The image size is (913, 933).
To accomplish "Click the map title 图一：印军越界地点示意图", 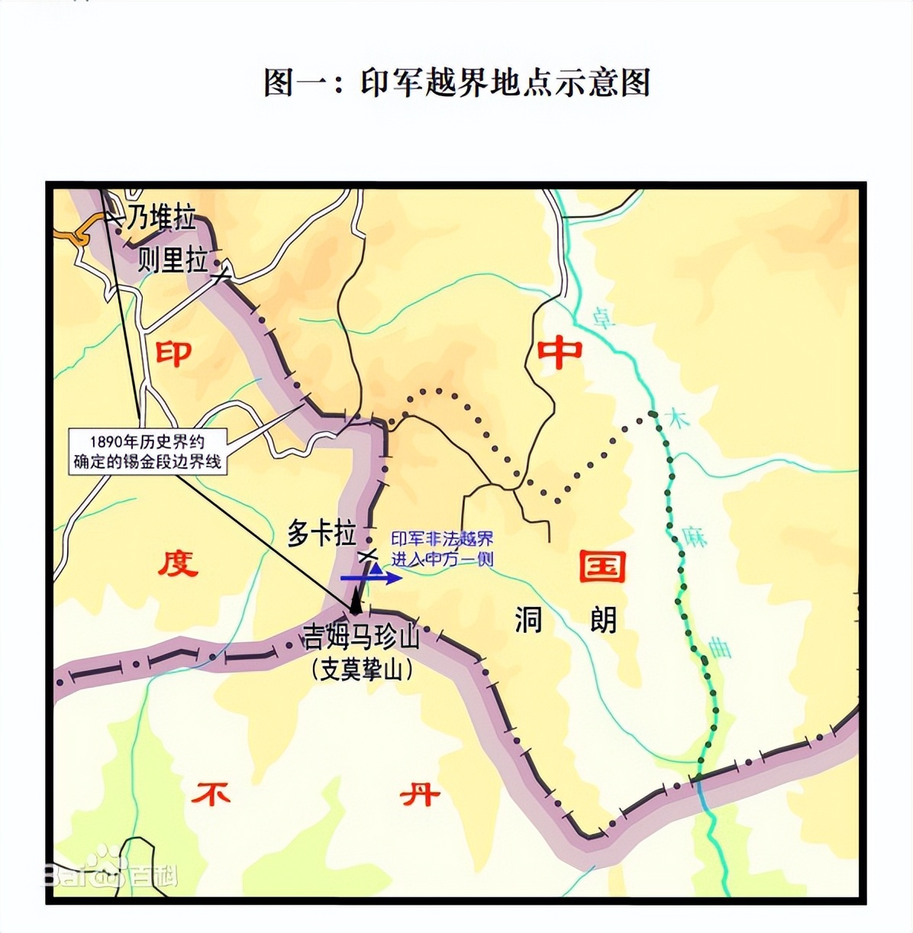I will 456,82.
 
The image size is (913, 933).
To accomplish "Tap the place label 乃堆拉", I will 160,218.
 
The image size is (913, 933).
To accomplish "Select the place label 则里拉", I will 173,260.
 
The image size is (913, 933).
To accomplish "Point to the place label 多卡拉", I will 321,533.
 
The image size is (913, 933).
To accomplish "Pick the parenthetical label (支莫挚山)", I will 363,670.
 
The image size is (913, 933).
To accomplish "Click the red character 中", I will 560,353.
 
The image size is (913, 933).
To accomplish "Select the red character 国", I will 602,566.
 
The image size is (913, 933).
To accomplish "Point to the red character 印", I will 173,353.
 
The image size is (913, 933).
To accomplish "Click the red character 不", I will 211,795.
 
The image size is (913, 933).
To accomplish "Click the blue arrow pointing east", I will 371,578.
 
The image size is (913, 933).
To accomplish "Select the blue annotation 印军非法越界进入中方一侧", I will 442,549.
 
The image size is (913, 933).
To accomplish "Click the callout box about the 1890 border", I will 147,451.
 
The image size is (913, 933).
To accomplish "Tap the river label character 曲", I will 719,647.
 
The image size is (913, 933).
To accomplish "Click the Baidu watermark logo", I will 108,873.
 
